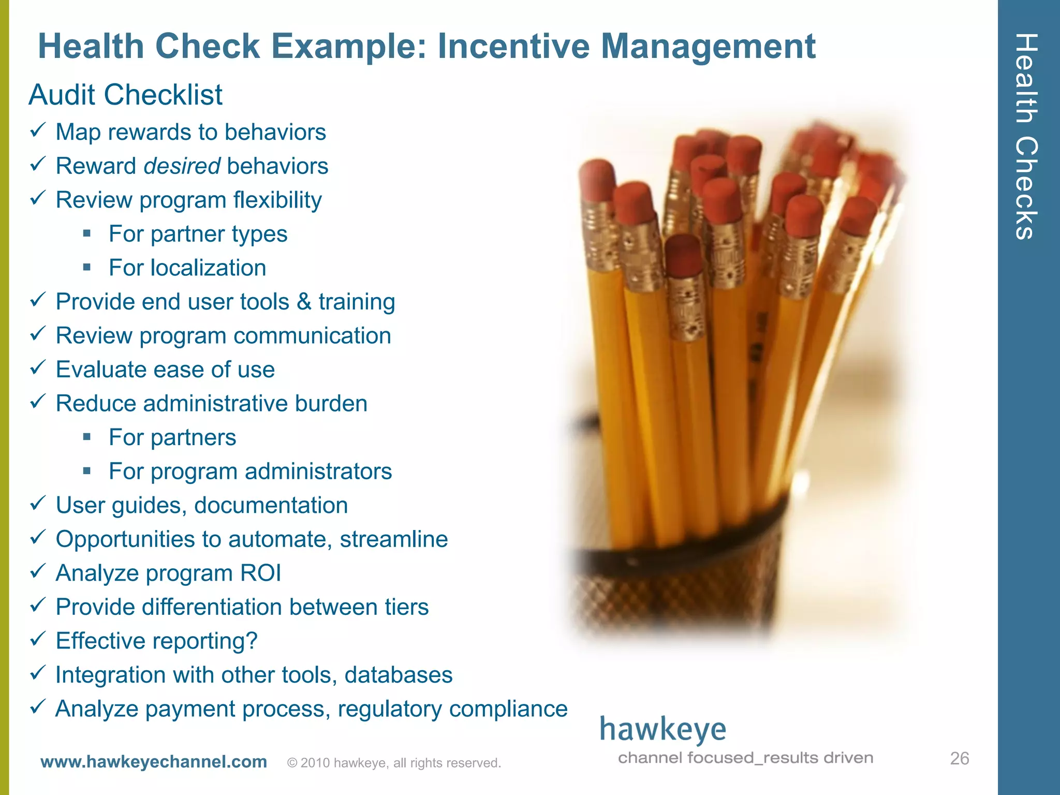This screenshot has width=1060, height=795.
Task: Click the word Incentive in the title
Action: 513,47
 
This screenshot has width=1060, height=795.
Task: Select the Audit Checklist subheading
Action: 126,95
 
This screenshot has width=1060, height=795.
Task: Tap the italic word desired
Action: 182,166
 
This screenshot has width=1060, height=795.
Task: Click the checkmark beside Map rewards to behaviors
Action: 38,130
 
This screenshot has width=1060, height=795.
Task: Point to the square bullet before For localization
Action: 87,268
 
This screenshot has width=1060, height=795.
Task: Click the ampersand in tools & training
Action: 304,302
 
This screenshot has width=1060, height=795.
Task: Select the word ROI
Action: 260,573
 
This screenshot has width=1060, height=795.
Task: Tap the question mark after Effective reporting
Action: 252,641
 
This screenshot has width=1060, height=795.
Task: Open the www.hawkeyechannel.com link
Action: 154,762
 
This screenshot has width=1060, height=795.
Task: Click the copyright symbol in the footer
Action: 292,763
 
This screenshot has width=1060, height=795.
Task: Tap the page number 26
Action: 959,758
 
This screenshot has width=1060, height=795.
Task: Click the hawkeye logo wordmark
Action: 662,730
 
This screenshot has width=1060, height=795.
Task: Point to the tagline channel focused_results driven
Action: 745,758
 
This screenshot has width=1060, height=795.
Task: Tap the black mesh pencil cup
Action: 673,585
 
